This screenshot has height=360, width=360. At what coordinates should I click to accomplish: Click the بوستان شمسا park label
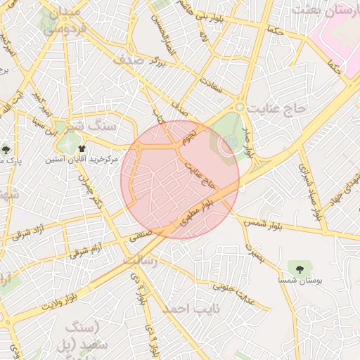[300, 280]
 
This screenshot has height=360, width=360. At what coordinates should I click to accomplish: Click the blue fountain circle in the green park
[231, 144]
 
